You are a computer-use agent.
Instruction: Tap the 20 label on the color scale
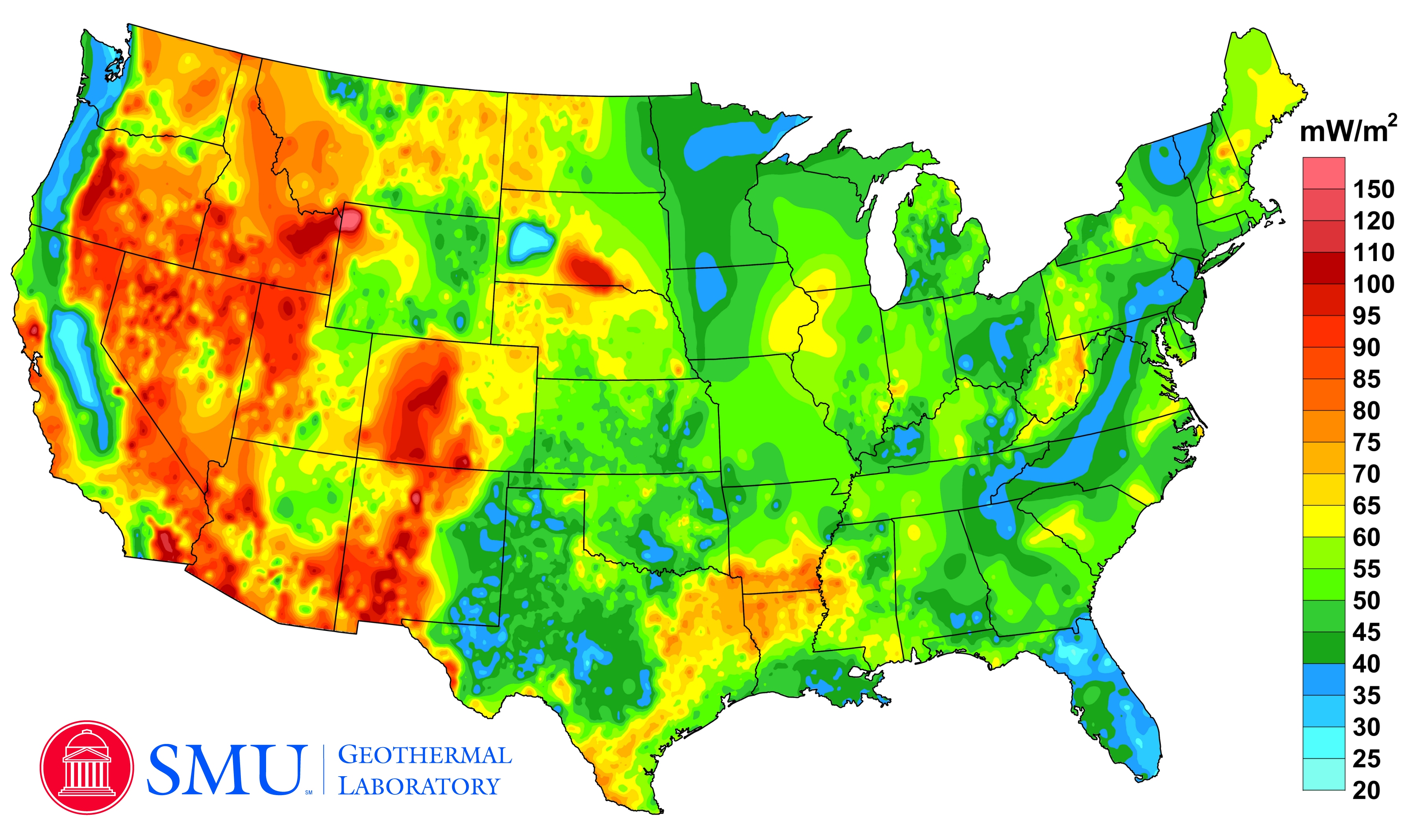[1366, 790]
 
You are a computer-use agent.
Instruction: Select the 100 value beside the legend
[1373, 285]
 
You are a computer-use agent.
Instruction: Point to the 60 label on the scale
[1366, 537]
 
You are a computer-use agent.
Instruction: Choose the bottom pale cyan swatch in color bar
[1324, 774]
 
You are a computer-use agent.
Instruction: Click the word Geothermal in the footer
[425, 755]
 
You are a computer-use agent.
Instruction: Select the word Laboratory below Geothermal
[419, 786]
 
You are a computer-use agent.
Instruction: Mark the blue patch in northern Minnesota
[725, 143]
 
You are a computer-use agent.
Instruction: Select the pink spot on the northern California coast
[34, 330]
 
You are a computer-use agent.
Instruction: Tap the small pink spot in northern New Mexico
[416, 498]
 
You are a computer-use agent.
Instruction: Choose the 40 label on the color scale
[1366, 664]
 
